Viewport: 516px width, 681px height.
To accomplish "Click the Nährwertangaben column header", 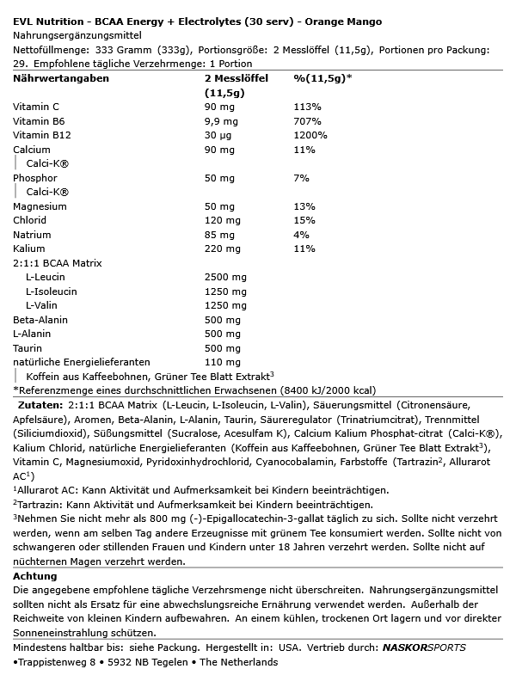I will click(x=61, y=78).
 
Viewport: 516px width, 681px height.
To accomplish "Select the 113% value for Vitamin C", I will click(x=306, y=107).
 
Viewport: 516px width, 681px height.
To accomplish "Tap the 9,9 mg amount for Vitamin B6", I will click(x=220, y=121).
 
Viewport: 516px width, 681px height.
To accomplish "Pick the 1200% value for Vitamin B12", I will click(x=310, y=135).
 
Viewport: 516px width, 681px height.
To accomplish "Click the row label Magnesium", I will click(x=40, y=206).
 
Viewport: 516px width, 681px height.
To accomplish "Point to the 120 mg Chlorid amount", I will click(x=223, y=220).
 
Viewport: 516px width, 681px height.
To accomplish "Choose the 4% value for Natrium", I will click(x=301, y=234).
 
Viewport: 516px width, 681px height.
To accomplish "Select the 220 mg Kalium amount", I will click(x=223, y=248).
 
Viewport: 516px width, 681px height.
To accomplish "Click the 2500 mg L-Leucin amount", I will click(x=225, y=277).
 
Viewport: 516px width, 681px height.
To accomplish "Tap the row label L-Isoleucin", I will click(x=52, y=291).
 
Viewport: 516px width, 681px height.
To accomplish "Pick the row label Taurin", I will click(x=28, y=347).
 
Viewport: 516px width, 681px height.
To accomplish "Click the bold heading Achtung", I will click(x=35, y=575).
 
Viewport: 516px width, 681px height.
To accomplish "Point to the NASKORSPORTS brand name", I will click(x=425, y=647).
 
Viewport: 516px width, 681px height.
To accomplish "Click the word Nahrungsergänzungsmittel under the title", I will click(x=75, y=35).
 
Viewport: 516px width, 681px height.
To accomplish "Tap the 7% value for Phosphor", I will click(x=301, y=177).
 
